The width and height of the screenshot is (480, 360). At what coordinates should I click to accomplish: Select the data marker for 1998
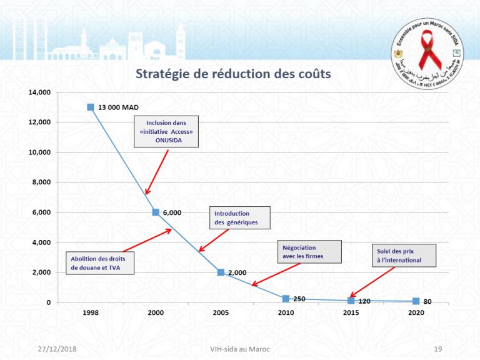pyautogui.click(x=91, y=107)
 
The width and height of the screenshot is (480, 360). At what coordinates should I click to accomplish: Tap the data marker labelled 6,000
pyautogui.click(x=156, y=212)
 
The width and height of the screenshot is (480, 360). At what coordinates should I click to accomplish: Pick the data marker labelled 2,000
pyautogui.click(x=221, y=272)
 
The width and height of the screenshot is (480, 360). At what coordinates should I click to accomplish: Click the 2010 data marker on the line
pyautogui.click(x=286, y=299)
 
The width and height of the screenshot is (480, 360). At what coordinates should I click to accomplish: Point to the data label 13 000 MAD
pyautogui.click(x=118, y=107)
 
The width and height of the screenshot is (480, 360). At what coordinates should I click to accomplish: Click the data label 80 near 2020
pyautogui.click(x=427, y=302)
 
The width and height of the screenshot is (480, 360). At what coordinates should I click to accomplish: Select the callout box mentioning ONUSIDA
pyautogui.click(x=166, y=132)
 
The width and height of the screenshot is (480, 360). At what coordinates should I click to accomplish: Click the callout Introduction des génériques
pyautogui.click(x=239, y=217)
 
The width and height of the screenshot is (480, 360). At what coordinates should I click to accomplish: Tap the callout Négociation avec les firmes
pyautogui.click(x=309, y=252)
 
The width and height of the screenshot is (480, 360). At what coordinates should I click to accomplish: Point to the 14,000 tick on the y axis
pyautogui.click(x=39, y=92)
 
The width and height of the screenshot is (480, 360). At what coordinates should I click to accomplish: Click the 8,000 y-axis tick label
pyautogui.click(x=41, y=182)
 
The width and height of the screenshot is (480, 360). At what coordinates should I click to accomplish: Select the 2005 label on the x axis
pyautogui.click(x=221, y=312)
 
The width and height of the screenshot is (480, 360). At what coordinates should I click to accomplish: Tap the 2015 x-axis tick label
pyautogui.click(x=351, y=312)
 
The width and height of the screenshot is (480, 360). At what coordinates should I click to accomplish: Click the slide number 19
pyautogui.click(x=437, y=347)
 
